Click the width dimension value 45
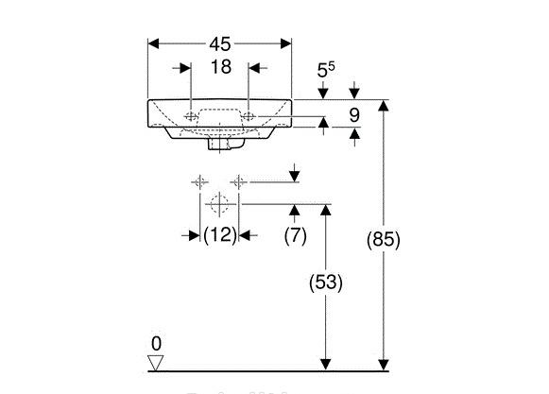tap(219, 43)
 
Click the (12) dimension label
tap(219, 235)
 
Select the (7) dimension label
tap(295, 235)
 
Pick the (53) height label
tap(327, 282)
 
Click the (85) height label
tap(384, 240)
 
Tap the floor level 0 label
tap(157, 342)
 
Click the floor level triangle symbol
tap(157, 361)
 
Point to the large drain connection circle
tap(219, 203)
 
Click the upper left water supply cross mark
tap(199, 181)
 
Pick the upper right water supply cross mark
tap(240, 181)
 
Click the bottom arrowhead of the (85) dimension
tap(384, 364)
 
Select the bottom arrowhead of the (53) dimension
tap(327, 364)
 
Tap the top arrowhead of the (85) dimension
tap(384, 105)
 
